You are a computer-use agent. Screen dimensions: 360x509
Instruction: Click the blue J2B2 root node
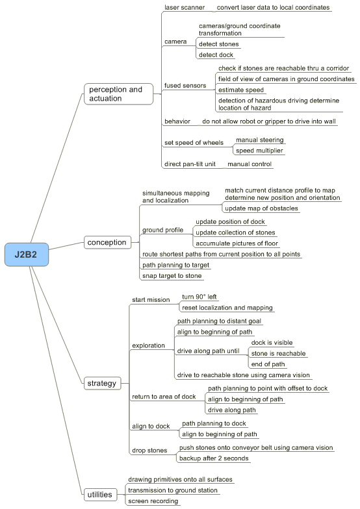click(x=27, y=255)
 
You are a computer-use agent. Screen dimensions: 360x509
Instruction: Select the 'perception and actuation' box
click(x=118, y=93)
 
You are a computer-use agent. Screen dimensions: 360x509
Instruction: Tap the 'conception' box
click(x=108, y=242)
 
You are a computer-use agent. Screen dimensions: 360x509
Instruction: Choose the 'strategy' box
click(x=103, y=383)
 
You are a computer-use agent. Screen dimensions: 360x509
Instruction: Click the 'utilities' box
click(x=100, y=495)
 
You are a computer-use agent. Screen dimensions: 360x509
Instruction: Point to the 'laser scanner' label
click(x=185, y=8)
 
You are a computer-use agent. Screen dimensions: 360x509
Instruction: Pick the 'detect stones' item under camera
click(x=218, y=44)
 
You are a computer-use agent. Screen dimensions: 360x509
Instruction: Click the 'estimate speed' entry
click(x=240, y=90)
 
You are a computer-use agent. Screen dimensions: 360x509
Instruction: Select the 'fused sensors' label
click(x=185, y=86)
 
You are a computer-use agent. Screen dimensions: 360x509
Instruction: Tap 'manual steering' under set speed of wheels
click(x=260, y=140)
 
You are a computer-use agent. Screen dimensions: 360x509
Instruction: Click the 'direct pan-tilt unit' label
click(x=190, y=164)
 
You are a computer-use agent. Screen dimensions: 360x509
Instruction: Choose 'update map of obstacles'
click(x=261, y=208)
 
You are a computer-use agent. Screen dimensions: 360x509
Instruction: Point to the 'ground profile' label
click(x=162, y=230)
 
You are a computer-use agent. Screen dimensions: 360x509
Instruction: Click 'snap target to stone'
click(x=172, y=276)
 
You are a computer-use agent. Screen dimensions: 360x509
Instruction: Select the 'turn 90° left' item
click(x=199, y=297)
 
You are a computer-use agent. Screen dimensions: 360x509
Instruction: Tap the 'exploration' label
click(x=148, y=345)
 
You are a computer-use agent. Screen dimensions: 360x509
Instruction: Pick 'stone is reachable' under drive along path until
click(x=278, y=353)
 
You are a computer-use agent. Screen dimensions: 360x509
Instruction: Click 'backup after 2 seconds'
click(x=214, y=458)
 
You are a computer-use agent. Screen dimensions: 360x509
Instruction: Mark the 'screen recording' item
click(x=153, y=501)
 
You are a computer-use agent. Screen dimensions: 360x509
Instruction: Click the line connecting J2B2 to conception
click(x=66, y=245)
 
